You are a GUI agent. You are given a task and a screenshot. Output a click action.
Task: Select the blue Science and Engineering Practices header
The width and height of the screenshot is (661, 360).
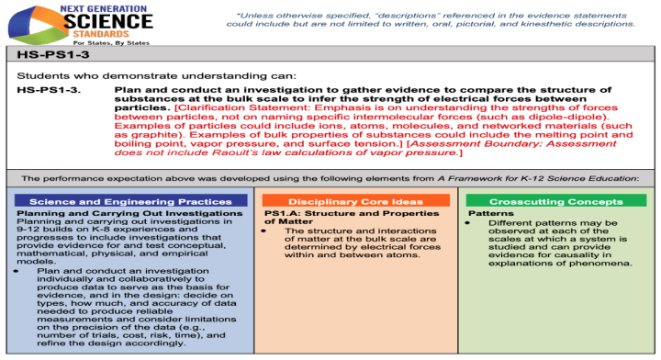132,201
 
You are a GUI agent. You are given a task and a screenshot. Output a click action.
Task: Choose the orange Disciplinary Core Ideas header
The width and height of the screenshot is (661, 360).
355,201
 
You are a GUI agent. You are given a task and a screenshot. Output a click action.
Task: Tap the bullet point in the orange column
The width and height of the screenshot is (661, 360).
263,231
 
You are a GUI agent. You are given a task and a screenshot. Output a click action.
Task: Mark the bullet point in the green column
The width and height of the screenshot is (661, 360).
468,222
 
